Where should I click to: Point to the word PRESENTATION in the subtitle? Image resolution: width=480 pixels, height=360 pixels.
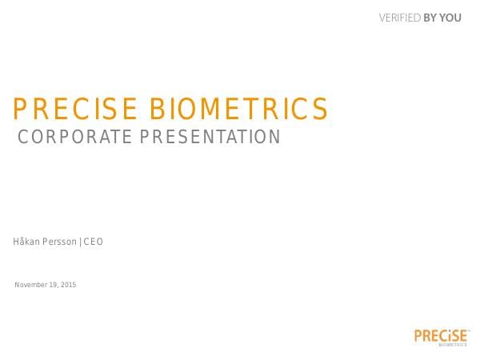[x=210, y=137]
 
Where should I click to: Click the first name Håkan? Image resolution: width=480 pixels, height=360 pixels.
[x=27, y=242]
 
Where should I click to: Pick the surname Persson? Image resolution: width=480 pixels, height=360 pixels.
[x=60, y=242]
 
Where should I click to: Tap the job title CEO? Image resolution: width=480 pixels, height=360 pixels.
[x=94, y=242]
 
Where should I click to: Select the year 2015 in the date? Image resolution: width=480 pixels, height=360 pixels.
[x=69, y=286]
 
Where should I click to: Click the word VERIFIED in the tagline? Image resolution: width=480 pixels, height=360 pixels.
[x=399, y=18]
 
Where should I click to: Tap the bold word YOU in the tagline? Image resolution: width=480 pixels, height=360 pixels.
[x=450, y=18]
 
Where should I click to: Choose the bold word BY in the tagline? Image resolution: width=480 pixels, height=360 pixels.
[x=430, y=18]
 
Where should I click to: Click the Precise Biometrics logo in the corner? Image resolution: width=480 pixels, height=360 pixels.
[x=442, y=336]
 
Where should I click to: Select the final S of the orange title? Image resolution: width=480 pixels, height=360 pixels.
[x=320, y=109]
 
